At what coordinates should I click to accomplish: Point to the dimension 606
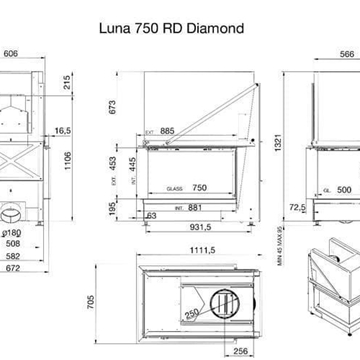tap(11, 54)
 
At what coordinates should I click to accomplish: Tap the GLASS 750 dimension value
tap(191, 187)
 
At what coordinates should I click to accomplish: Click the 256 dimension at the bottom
tap(240, 352)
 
